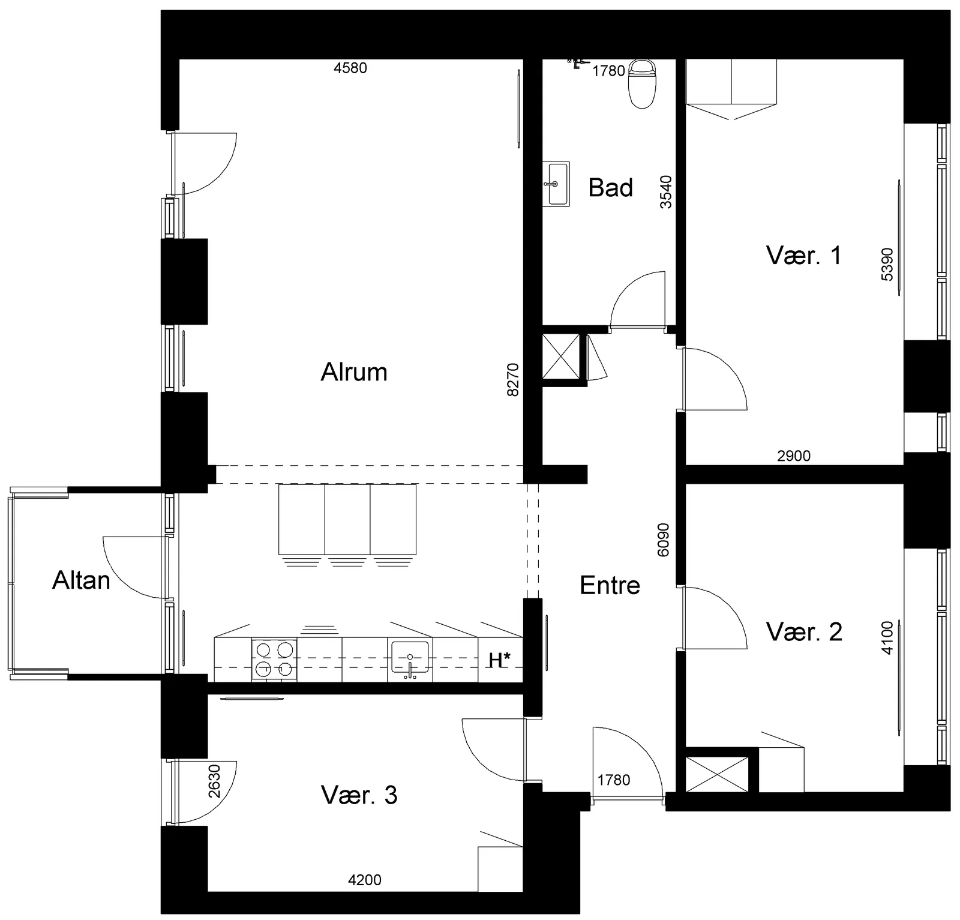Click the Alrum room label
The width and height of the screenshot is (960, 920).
pos(354,372)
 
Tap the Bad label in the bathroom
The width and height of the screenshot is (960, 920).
pos(610,188)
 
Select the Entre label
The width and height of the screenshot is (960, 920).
pos(610,585)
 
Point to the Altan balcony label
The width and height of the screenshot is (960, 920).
pos(81,580)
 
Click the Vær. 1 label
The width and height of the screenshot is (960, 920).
pos(803,256)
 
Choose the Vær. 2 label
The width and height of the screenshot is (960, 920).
pos(804,632)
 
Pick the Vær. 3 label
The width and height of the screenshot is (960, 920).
pos(359,795)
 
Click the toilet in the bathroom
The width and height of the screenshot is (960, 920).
pos(641,83)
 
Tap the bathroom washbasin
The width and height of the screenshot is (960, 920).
pos(556,184)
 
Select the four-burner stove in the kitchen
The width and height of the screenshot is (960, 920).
pos(274,660)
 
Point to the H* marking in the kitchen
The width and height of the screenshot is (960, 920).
pos(499,660)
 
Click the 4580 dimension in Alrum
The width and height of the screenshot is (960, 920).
pos(350,68)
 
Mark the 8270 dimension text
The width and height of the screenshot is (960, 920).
pos(512,379)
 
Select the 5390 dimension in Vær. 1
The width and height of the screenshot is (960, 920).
pos(887,264)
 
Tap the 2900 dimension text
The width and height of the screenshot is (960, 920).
pos(794,455)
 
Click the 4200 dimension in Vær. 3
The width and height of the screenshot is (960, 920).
pos(365,880)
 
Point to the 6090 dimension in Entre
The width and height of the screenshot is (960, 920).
pos(663,540)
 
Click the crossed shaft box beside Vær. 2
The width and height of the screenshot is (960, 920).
pos(717,774)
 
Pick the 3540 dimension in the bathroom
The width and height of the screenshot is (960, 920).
pos(666,191)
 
